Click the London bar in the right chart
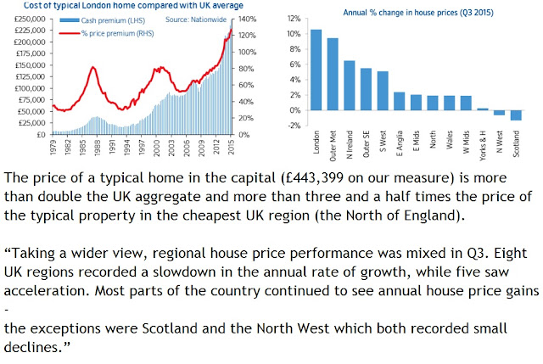tap(316, 70)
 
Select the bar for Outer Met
tap(333, 74)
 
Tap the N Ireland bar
tap(349, 86)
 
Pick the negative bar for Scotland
tap(516, 115)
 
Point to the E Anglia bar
tap(400, 101)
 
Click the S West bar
tap(383, 91)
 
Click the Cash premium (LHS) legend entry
tap(103, 20)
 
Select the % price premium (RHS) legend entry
tap(107, 34)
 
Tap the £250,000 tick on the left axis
tap(31, 19)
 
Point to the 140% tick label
tap(247, 19)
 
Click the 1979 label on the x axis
tap(53, 147)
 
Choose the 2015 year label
tap(232, 147)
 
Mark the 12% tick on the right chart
tap(294, 19)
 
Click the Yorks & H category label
tap(483, 146)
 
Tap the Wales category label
tap(450, 139)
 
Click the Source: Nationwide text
tap(196, 20)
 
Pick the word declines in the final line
tap(33, 347)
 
